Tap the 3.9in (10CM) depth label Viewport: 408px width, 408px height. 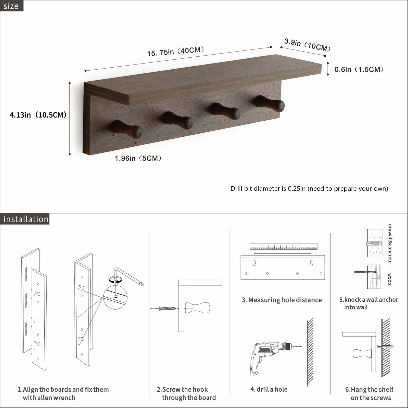(x=307, y=45)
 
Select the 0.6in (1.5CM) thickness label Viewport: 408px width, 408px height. (x=359, y=69)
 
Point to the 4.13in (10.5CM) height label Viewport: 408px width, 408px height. (x=38, y=115)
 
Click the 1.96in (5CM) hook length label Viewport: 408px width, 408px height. (x=138, y=158)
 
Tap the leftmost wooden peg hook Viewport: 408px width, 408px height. (x=126, y=129)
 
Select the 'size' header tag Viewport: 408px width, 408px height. (x=11, y=6)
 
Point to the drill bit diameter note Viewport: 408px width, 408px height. (x=309, y=188)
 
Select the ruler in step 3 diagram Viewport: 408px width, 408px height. (x=283, y=246)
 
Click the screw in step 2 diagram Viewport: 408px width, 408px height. (x=167, y=308)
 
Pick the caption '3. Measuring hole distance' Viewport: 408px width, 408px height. (x=282, y=300)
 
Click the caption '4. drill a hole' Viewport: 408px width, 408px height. (x=269, y=389)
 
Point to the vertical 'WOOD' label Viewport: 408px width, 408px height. (x=389, y=279)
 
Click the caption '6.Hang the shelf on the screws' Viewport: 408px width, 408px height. (x=369, y=393)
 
